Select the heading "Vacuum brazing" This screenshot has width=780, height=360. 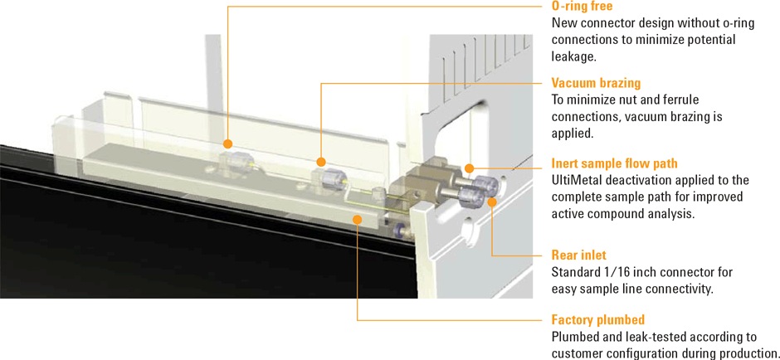(x=596, y=83)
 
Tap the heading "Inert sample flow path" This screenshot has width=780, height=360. (x=614, y=163)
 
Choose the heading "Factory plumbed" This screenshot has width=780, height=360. (x=597, y=320)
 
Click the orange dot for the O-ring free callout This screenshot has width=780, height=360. (x=227, y=144)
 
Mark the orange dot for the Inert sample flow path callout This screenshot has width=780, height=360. (x=470, y=168)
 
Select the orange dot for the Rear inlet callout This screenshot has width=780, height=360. (x=491, y=200)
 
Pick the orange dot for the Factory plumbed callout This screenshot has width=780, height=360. (x=357, y=218)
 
